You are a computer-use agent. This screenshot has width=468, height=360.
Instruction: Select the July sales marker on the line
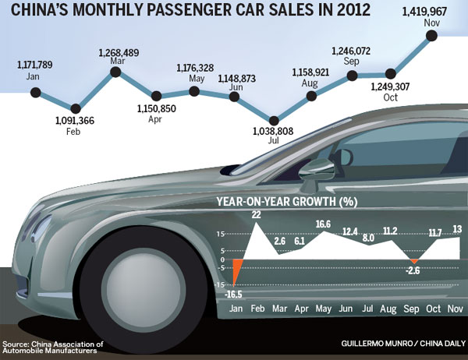274,119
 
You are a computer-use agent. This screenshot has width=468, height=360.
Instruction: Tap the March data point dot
116,72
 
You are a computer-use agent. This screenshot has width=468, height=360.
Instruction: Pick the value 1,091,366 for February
76,122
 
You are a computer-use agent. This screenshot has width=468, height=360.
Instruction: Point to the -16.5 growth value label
232,294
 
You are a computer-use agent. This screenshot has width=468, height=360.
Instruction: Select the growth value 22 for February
256,214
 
